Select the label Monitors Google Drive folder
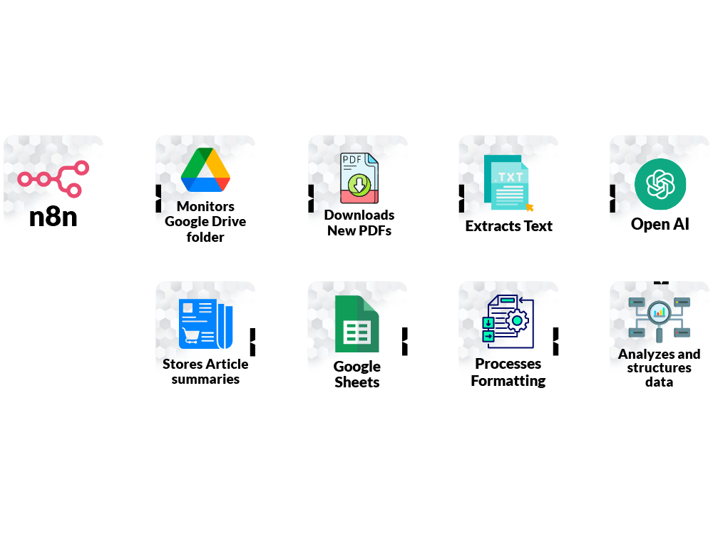205,221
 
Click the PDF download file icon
359,178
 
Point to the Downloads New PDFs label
359,223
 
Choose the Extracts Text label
509,226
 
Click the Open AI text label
660,224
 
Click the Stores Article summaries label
205,371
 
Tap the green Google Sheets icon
356,324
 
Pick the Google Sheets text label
357,374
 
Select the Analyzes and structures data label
660,367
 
